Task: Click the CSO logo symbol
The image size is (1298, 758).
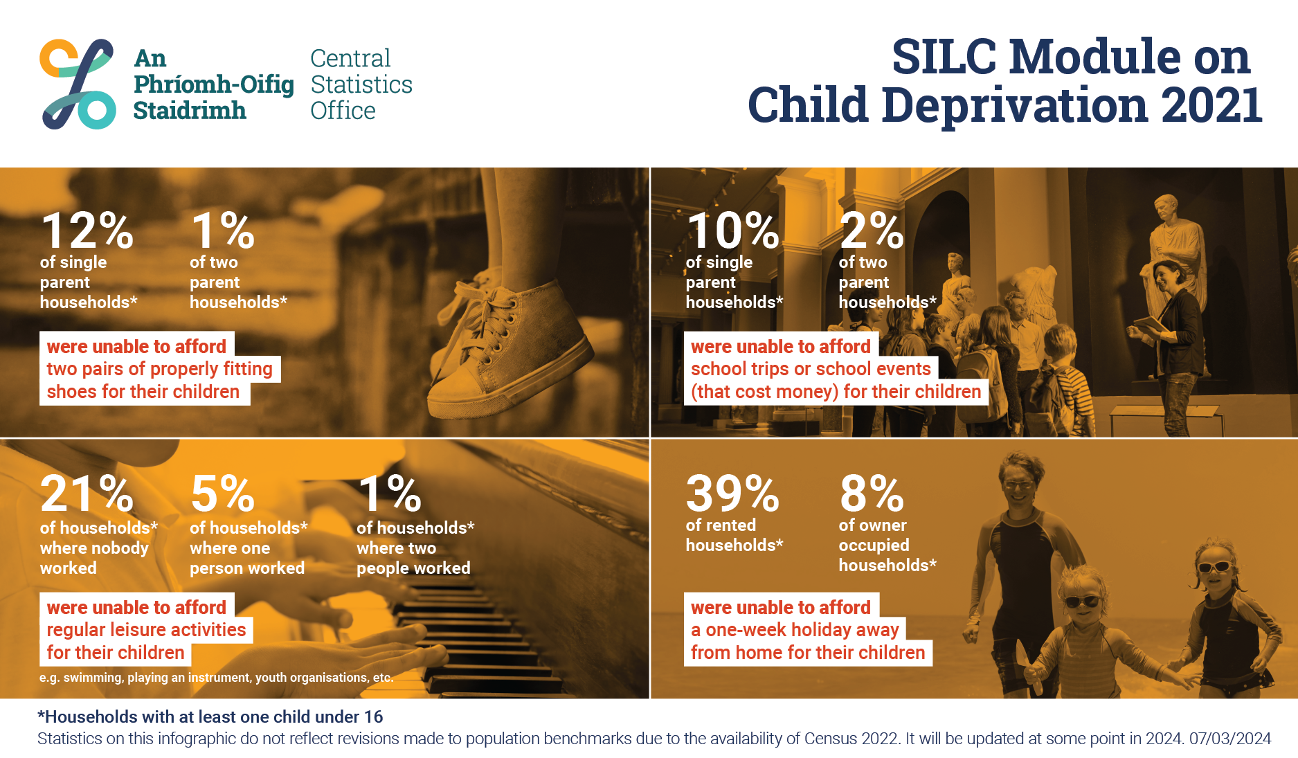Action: tap(78, 84)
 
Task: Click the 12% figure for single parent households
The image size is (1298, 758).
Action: tap(87, 231)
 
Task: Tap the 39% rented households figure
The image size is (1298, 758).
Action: tap(732, 494)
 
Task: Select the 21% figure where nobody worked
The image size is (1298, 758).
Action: tap(87, 494)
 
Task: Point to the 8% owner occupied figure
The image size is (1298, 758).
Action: tap(872, 494)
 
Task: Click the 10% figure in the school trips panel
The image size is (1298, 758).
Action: tap(733, 231)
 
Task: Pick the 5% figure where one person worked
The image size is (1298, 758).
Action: tap(223, 494)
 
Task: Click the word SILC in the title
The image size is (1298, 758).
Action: tap(944, 56)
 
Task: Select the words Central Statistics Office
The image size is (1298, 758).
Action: tap(361, 84)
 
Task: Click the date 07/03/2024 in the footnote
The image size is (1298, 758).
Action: tap(1230, 739)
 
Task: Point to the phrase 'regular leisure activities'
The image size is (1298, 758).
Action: tap(146, 630)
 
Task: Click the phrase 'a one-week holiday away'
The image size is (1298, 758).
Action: tap(795, 630)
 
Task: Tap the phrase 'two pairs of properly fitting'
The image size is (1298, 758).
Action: tap(159, 369)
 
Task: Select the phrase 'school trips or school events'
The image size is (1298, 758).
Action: tap(811, 369)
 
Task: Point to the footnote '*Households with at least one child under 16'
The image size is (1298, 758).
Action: tap(210, 716)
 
